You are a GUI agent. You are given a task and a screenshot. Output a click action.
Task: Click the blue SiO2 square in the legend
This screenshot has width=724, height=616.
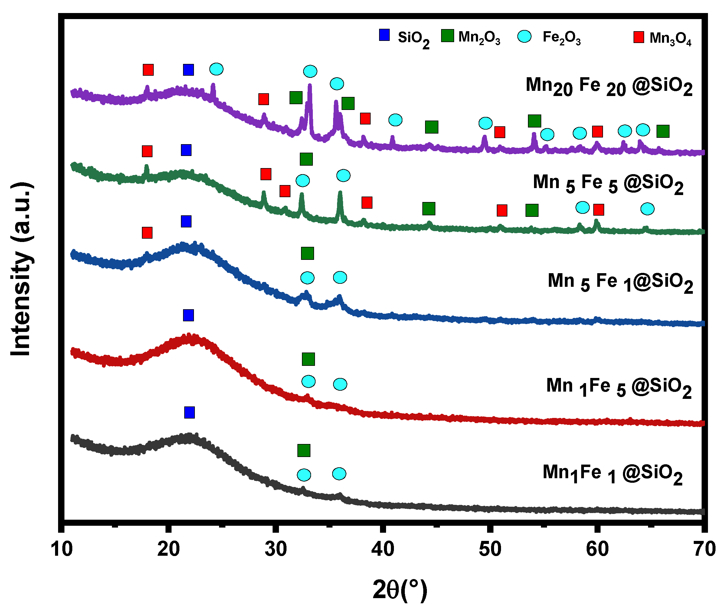point(384,35)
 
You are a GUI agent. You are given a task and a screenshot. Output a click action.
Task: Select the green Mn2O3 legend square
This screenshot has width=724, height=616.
point(447,36)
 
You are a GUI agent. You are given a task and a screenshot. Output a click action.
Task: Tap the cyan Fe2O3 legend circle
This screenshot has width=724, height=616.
point(524,36)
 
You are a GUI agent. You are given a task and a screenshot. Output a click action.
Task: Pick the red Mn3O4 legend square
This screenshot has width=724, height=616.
point(638,37)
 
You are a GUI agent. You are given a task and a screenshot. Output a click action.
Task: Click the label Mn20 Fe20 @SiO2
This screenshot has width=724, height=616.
point(608,87)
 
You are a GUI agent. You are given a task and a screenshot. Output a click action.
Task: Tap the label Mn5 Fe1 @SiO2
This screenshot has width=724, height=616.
point(620,282)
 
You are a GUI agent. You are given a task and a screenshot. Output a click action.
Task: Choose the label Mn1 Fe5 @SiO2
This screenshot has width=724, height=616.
point(619,387)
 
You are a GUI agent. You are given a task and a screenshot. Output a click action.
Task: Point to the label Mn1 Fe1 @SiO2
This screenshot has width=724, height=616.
point(612,474)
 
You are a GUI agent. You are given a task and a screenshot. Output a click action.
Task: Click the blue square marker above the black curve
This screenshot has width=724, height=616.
point(189,412)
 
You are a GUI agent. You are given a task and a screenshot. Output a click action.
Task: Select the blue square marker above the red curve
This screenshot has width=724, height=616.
point(188,315)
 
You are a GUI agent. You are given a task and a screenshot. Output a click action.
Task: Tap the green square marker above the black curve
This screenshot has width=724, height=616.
point(304,450)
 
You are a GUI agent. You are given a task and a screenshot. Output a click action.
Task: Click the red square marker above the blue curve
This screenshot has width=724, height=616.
point(147,233)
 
